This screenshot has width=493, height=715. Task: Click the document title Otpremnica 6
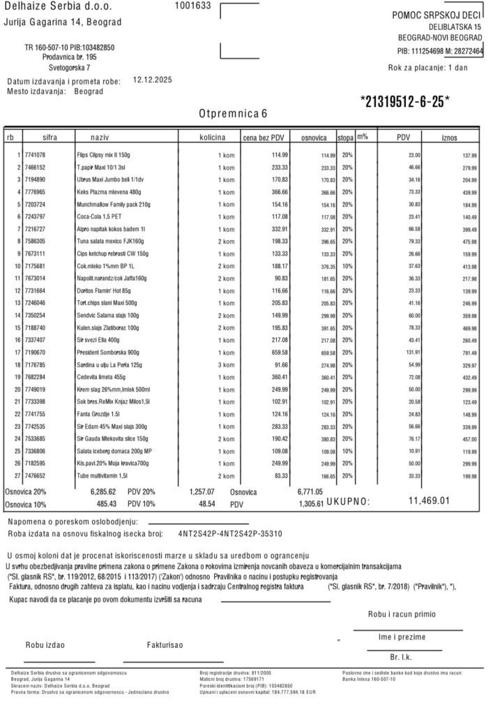tap(232, 112)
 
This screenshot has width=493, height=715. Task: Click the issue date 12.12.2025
tap(152, 80)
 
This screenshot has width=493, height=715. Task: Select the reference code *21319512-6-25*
tap(405, 101)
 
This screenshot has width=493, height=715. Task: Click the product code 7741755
tap(34, 414)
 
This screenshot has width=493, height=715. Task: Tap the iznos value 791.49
tap(469, 353)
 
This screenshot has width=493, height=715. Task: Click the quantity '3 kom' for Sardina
tap(225, 364)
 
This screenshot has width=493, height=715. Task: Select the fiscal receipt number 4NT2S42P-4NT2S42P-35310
tap(230, 533)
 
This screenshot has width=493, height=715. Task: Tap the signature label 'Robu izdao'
tap(46, 644)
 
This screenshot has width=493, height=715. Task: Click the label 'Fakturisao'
tap(165, 644)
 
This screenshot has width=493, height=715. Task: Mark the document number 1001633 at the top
tap(192, 6)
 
